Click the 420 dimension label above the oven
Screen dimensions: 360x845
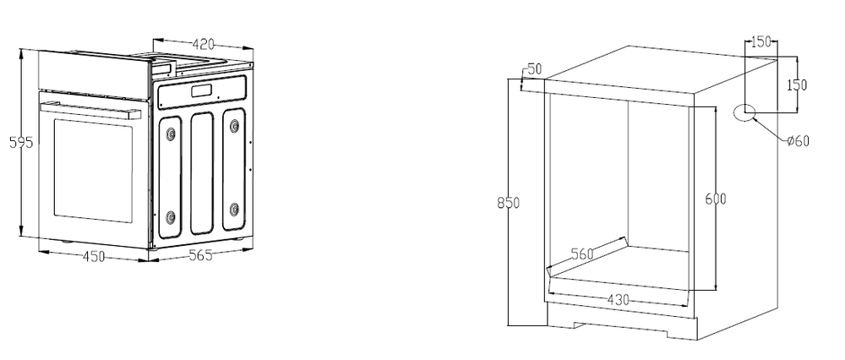tap(200, 44)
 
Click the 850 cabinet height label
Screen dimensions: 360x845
tap(507, 203)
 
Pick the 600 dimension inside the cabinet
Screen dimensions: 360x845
tap(716, 199)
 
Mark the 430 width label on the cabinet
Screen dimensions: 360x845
tap(618, 299)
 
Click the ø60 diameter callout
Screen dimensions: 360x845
tap(797, 141)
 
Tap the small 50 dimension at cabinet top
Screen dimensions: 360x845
tap(532, 69)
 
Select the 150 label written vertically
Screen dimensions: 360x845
tap(797, 85)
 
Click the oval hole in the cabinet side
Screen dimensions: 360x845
tap(744, 112)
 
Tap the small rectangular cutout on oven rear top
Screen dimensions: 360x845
tap(202, 90)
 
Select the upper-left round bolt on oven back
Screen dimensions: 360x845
tap(172, 133)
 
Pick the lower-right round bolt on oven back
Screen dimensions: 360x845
tap(233, 207)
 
